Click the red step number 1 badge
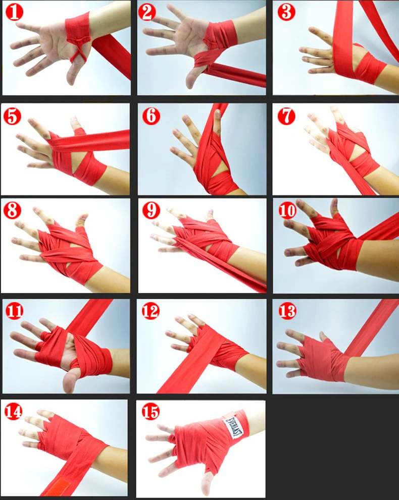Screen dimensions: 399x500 click(14, 12)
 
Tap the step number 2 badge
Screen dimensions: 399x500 click(147, 12)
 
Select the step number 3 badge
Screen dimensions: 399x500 click(286, 12)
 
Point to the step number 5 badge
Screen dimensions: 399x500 click(13, 116)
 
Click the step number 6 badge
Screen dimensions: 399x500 click(151, 116)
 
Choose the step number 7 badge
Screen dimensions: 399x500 click(286, 116)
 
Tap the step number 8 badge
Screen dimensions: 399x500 click(12, 210)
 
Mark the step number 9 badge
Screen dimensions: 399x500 click(151, 210)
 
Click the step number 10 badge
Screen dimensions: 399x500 click(287, 210)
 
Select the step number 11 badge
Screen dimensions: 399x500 click(14, 311)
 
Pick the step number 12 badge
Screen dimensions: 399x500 click(151, 311)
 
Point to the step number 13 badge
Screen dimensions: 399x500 click(287, 311)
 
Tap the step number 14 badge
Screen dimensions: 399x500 click(13, 411)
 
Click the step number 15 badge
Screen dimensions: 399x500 click(151, 411)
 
